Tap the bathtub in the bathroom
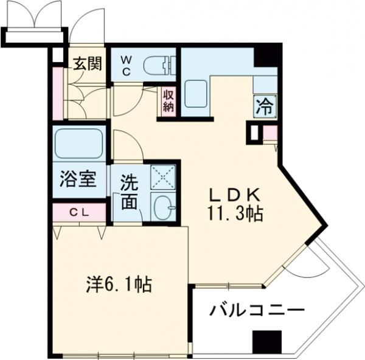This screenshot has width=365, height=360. (80, 144)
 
